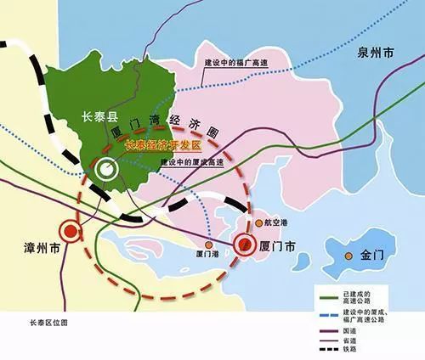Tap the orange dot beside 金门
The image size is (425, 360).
click(x=348, y=255)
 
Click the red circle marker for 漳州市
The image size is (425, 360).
click(x=70, y=230)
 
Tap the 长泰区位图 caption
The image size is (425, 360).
click(x=48, y=323)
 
